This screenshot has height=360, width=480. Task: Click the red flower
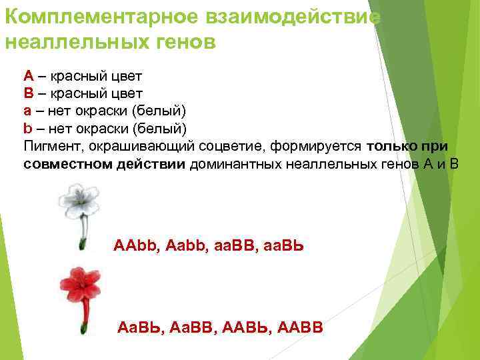pos(80,285)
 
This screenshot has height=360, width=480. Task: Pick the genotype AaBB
pos(193,327)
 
